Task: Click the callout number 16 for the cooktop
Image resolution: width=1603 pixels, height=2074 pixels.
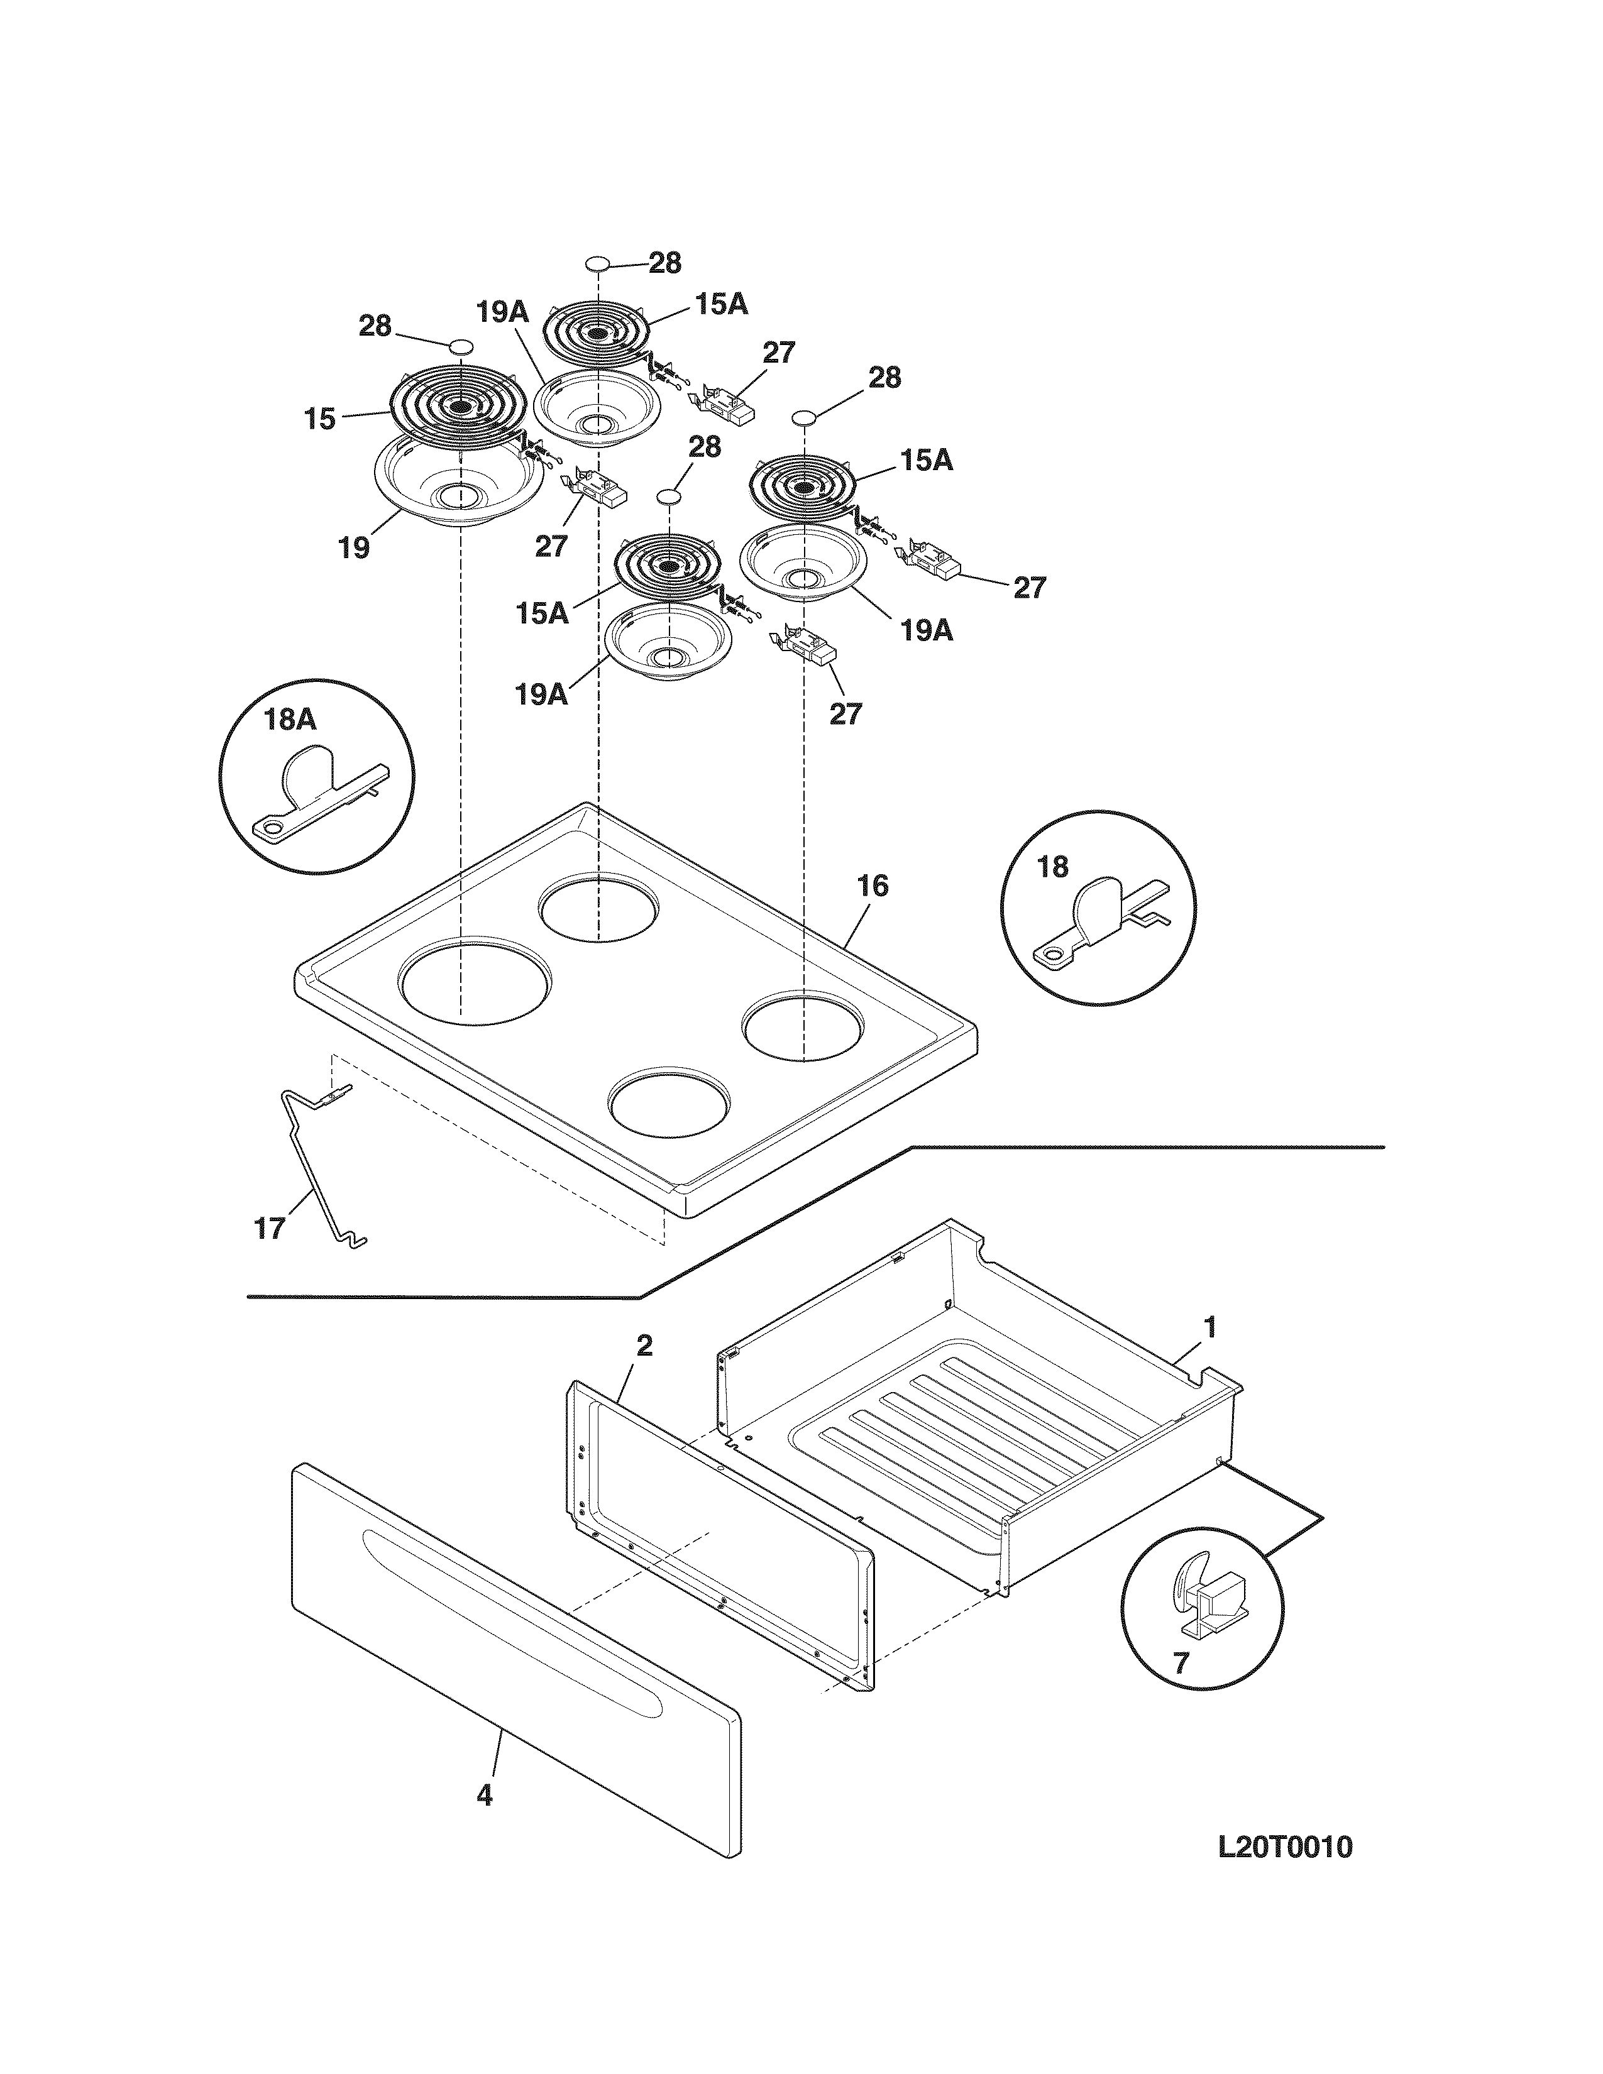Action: tap(872, 886)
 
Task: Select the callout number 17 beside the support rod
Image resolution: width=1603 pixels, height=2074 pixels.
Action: tap(270, 1229)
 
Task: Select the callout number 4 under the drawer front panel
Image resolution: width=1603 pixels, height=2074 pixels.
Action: tap(484, 1796)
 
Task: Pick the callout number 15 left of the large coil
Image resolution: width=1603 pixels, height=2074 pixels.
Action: tap(320, 419)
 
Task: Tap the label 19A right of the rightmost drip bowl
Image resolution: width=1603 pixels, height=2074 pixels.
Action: tap(926, 630)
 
